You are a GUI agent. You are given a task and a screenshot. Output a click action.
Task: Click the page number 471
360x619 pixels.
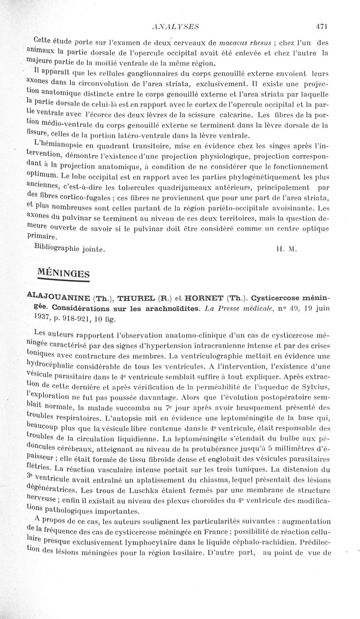321,27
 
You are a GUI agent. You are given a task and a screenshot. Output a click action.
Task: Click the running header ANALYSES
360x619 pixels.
176,27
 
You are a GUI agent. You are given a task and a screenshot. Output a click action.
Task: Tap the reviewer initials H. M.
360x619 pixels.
287,248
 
